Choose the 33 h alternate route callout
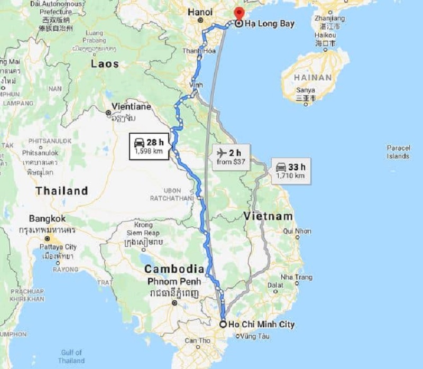290,170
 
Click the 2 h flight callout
231,157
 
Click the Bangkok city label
48,218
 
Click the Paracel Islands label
398,152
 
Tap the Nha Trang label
297,277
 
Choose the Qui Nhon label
297,231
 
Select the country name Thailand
61,191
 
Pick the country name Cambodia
174,269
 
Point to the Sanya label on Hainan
306,90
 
